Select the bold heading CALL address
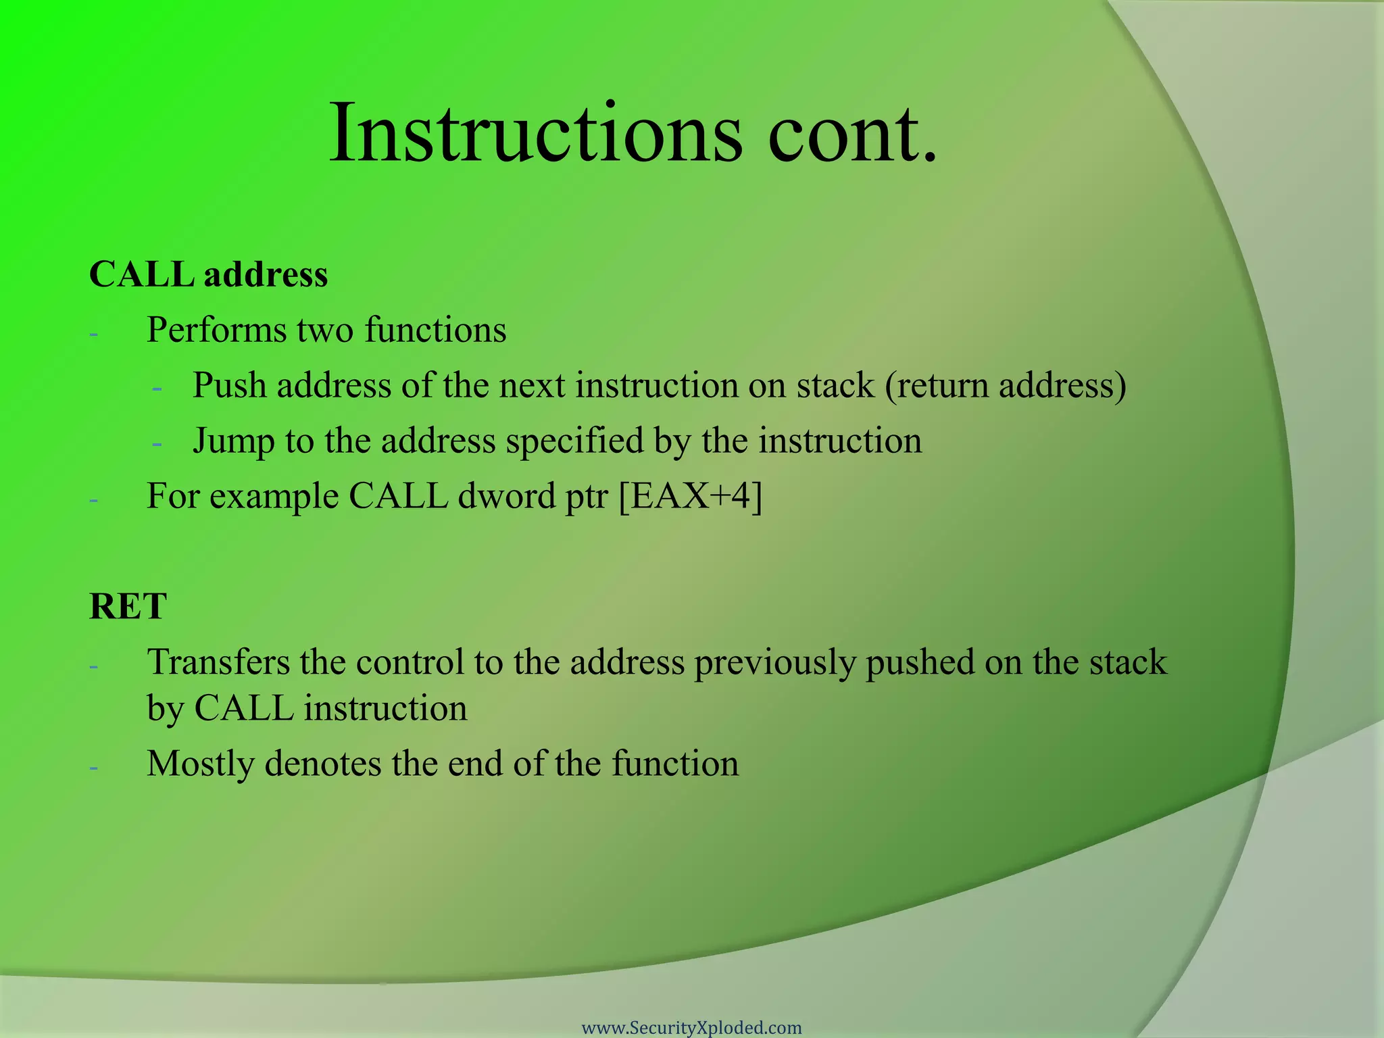(208, 275)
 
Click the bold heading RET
(128, 606)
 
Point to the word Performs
(216, 330)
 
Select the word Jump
(233, 441)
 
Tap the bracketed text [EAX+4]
(691, 497)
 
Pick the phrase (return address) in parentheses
(1006, 386)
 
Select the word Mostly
(201, 764)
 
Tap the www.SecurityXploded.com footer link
(691, 1028)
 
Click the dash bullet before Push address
(157, 389)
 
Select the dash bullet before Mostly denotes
(94, 768)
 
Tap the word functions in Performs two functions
(435, 330)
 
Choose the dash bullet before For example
(94, 500)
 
